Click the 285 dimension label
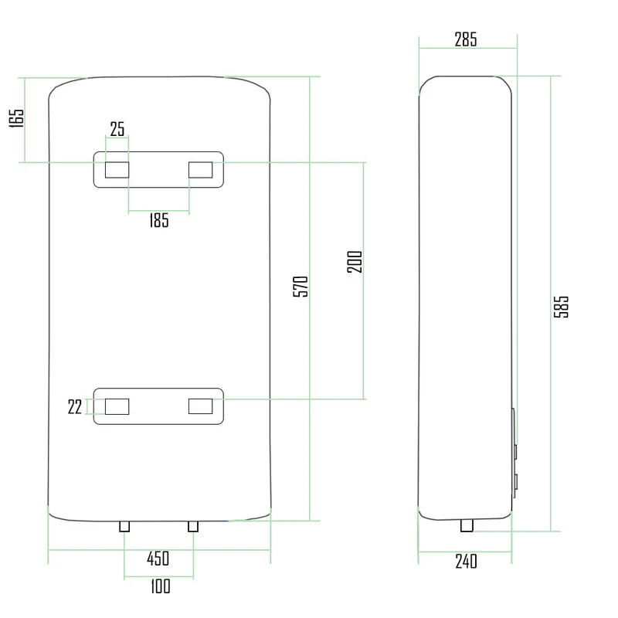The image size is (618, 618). pos(466,39)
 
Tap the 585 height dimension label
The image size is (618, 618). pos(562,307)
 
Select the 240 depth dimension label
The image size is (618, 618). pos(466,562)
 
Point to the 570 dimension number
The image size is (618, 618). pos(301,287)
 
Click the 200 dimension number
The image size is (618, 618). pos(355,262)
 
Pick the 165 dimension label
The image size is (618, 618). pos(16,118)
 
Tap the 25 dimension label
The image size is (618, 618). pos(117,129)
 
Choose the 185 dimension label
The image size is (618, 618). pos(159,220)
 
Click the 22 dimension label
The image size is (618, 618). pos(74,407)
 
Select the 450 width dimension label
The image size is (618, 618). pos(158,559)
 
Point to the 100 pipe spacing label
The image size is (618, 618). pos(161,586)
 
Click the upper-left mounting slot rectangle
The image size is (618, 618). pos(117,169)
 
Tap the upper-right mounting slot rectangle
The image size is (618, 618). pos(201,169)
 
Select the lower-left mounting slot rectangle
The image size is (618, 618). pos(117,406)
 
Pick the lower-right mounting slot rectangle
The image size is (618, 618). pos(201,406)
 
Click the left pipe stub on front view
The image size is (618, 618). pos(124,526)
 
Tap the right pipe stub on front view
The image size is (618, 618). pos(193,526)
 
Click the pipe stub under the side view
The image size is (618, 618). pos(467,525)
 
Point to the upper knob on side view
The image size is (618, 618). pos(515,452)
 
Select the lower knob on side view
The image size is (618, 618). pos(515,482)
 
